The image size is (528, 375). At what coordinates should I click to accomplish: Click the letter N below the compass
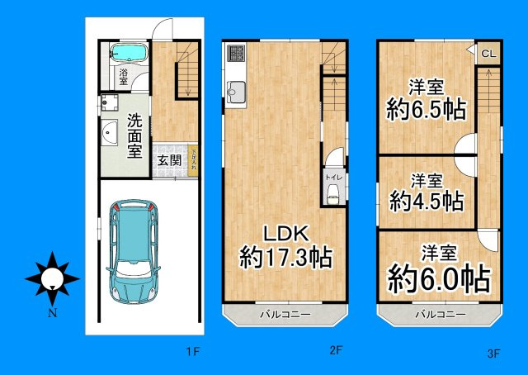(x=52, y=313)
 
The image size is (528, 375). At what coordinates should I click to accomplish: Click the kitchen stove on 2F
(x=234, y=55)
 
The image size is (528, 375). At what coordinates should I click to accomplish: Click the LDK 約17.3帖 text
(x=285, y=244)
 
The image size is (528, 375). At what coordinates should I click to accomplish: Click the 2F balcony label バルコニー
(x=285, y=315)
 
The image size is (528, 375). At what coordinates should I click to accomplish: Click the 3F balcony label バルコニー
(x=440, y=315)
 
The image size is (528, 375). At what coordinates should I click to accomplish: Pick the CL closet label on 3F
(x=488, y=54)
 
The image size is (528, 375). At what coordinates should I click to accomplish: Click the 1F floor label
(x=192, y=353)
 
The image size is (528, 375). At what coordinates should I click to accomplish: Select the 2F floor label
(x=336, y=351)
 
